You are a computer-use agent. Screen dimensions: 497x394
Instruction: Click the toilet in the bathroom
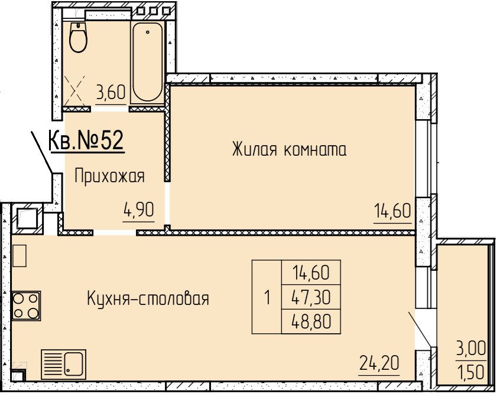tap(78, 37)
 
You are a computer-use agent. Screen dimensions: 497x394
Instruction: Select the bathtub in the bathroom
tap(147, 62)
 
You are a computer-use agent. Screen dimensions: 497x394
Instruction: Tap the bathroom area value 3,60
tap(111, 93)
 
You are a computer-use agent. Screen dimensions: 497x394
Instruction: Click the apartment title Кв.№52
tap(86, 140)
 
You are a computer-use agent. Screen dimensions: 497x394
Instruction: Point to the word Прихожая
tap(110, 176)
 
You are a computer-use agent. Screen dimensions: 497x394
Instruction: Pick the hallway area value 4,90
tap(139, 209)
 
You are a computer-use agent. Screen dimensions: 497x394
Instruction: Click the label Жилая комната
tap(289, 149)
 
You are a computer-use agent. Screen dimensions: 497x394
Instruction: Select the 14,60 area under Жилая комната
tap(392, 211)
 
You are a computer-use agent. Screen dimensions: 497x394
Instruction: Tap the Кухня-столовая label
tap(148, 298)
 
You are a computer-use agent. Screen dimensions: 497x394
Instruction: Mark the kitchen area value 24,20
tap(379, 363)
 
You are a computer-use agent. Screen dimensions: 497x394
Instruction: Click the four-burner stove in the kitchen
tap(26, 306)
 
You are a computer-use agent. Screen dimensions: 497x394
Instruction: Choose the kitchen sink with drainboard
tap(63, 365)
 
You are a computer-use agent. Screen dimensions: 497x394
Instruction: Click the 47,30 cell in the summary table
tap(311, 297)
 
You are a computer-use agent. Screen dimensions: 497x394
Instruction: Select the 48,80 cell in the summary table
tap(311, 321)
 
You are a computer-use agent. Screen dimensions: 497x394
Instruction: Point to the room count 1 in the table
tap(267, 298)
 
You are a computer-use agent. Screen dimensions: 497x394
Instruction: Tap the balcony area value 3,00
tap(470, 349)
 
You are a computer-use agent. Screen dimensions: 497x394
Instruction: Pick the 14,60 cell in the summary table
tap(311, 272)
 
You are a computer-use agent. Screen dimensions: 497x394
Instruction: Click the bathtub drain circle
tap(147, 32)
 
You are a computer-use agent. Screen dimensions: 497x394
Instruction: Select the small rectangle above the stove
tap(19, 256)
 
